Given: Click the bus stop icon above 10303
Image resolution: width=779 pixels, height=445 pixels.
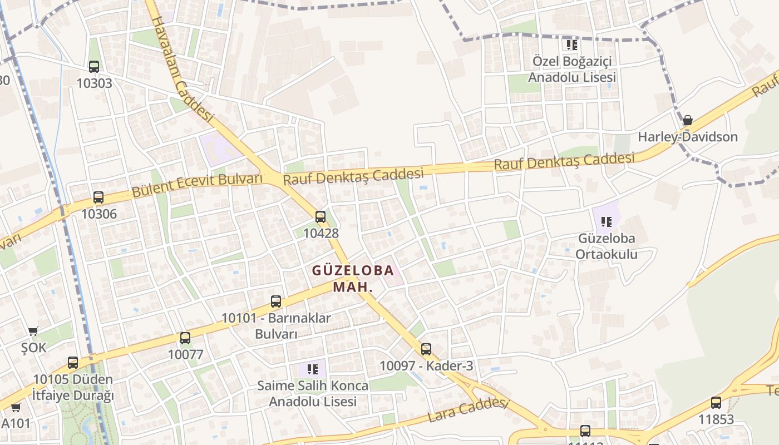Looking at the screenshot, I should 94,67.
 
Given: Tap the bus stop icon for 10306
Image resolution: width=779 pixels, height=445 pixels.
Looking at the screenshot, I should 98,197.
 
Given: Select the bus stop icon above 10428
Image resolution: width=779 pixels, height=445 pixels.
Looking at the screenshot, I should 321,217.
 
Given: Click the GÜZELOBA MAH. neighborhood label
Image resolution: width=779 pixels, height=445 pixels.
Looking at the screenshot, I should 353,279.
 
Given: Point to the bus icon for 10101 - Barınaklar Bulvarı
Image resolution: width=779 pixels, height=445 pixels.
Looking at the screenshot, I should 276,301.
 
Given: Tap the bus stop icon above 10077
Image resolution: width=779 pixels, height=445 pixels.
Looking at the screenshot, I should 185,338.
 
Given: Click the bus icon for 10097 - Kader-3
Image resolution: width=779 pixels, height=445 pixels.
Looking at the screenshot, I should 426,349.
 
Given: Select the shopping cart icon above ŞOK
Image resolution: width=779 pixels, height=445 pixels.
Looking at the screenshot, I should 33,331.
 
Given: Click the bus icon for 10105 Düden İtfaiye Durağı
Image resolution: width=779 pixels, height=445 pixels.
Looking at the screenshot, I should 73,363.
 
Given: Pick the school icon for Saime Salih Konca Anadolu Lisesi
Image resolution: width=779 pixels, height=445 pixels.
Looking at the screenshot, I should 313,369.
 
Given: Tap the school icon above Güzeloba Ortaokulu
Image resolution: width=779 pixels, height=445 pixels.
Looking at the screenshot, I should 607,222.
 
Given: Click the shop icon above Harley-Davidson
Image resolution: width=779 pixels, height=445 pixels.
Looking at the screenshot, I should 688,120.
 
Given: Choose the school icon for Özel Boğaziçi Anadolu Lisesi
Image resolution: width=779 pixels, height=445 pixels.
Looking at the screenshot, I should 572,44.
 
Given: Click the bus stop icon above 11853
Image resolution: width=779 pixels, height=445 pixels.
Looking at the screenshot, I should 716,403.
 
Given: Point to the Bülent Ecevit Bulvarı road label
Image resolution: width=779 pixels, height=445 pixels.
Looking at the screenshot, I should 197,186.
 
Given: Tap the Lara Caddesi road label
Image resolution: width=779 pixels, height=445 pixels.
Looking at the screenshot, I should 468,411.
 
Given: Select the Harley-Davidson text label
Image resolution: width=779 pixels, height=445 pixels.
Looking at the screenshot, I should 688,137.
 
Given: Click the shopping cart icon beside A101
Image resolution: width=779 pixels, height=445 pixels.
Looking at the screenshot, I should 16,407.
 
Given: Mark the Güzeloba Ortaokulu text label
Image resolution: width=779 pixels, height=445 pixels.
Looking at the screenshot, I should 607,246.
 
